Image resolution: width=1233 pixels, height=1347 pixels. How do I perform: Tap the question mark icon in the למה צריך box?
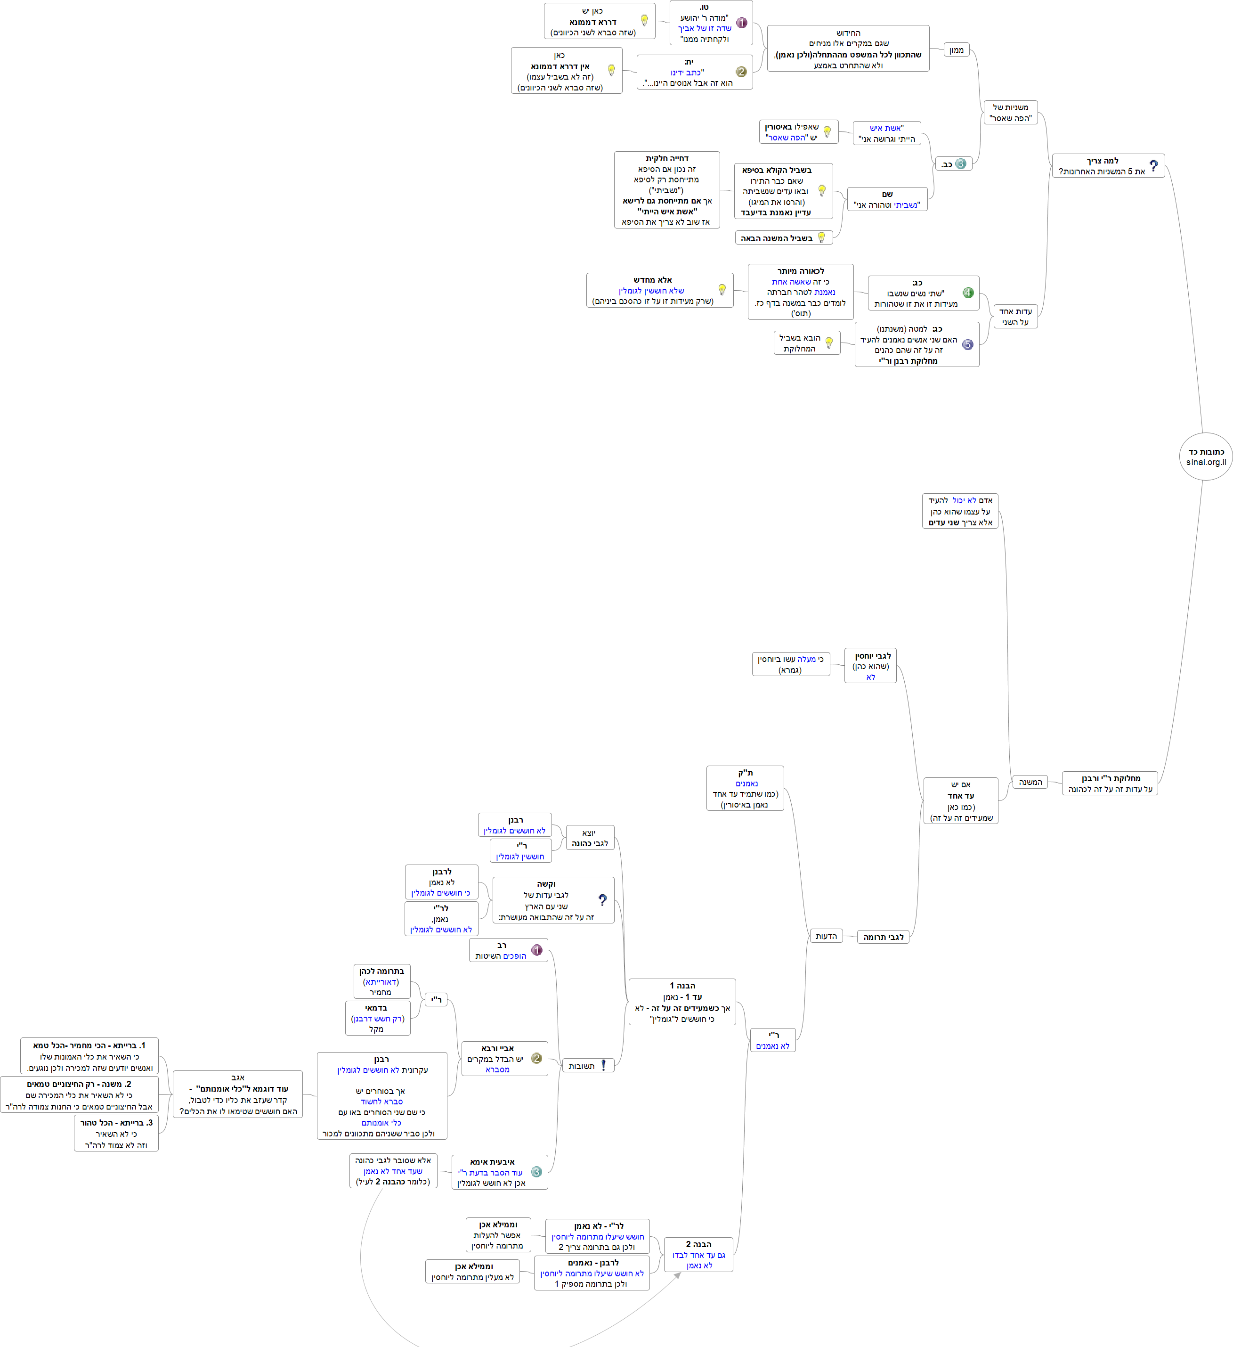(1153, 166)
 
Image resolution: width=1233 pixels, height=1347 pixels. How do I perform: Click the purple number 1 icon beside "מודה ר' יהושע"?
(741, 23)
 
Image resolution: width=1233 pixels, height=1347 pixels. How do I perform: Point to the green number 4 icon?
(968, 293)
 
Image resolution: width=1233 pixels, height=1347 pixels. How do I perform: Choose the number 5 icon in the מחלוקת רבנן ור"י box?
(968, 345)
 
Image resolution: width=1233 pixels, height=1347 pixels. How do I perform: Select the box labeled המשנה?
(1030, 783)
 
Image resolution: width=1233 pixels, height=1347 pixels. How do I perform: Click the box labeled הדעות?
(826, 936)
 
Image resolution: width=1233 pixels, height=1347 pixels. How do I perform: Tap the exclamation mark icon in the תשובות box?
(603, 1066)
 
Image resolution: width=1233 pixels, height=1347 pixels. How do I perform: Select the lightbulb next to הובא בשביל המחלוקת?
(829, 343)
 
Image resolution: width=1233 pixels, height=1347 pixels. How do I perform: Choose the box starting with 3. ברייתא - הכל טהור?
(116, 1134)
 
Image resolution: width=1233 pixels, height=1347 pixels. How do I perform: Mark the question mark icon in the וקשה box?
(602, 901)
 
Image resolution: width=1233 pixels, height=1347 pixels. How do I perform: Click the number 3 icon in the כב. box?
(960, 163)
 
